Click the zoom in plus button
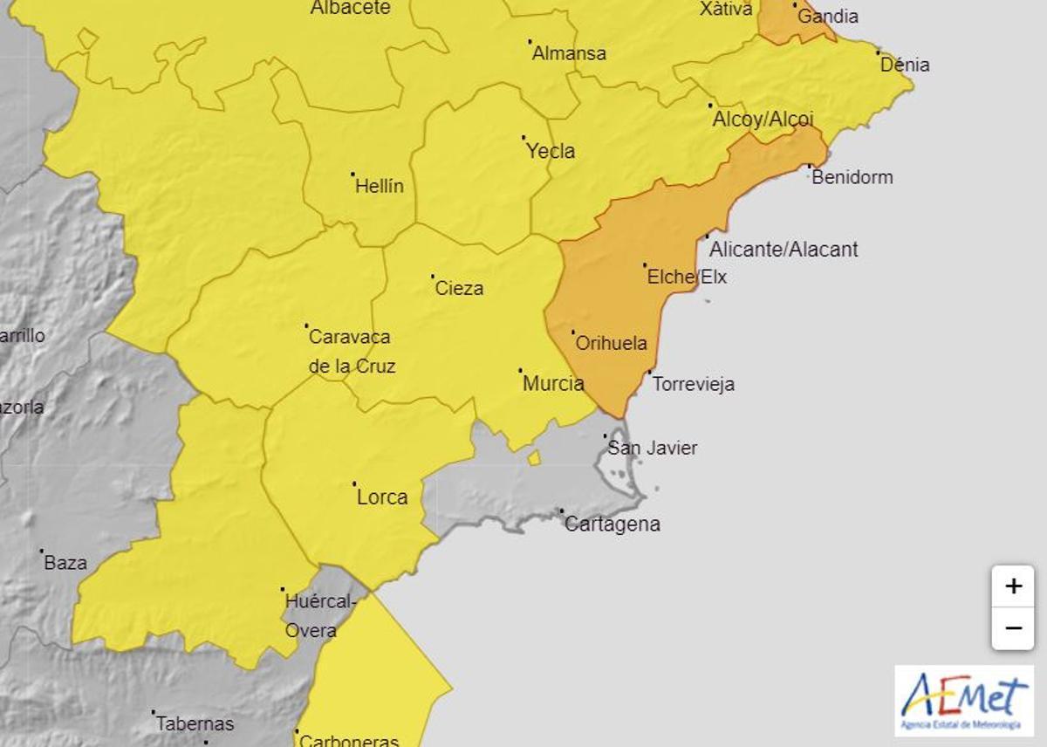coord(1012,586)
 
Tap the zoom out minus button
coord(1012,628)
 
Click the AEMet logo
coord(963,701)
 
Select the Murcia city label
coord(553,383)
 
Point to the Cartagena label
coord(612,524)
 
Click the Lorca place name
coord(382,497)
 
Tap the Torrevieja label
coord(694,384)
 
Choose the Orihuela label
coord(612,343)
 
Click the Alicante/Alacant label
coord(784,250)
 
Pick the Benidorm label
coord(852,177)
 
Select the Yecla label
coord(551,151)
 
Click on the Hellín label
coord(380,186)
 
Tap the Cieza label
coord(459,288)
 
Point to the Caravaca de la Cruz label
coord(351,351)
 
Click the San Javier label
coord(653,448)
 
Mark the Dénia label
coord(905,65)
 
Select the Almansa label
coord(569,53)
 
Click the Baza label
coord(65,563)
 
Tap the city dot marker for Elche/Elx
coord(645,264)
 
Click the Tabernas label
coord(195,723)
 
